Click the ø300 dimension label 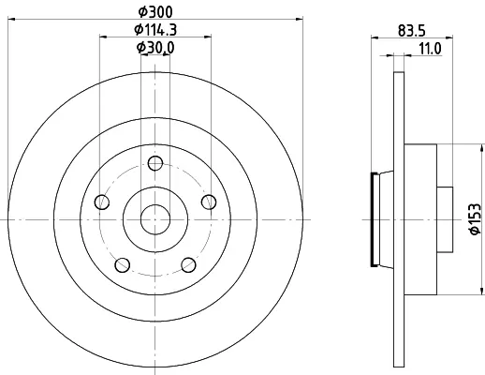[155, 12]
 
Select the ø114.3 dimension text [155, 30]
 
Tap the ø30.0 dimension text [155, 48]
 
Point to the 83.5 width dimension [412, 31]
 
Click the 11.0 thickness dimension [430, 49]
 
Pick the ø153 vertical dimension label [475, 218]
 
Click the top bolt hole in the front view [155, 163]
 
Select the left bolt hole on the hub [102, 202]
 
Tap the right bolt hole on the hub [209, 202]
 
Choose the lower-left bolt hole [123, 265]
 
